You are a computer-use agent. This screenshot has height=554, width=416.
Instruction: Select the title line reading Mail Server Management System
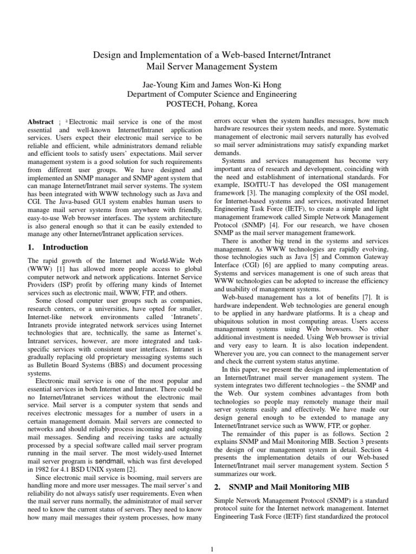click(x=207, y=67)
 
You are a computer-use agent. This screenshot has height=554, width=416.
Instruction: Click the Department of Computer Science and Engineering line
click(x=207, y=94)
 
